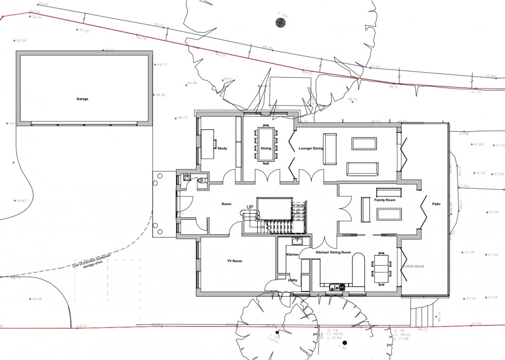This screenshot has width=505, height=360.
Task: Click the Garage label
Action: point(83,99)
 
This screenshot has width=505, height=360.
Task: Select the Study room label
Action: point(222,148)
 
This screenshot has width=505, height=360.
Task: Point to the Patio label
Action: point(436,204)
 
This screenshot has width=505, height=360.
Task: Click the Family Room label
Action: point(384,199)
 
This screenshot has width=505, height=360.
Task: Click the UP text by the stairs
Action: point(250,207)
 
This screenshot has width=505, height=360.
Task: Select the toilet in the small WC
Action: point(203,180)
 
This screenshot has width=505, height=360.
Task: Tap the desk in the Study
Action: point(208,144)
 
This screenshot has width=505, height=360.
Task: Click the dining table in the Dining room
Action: point(266,142)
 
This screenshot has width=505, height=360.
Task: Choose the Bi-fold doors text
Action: point(413,267)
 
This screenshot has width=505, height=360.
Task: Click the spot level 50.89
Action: point(21,40)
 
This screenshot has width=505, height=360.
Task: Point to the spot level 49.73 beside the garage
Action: point(162,64)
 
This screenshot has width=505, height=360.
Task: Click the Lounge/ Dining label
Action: point(311,148)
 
